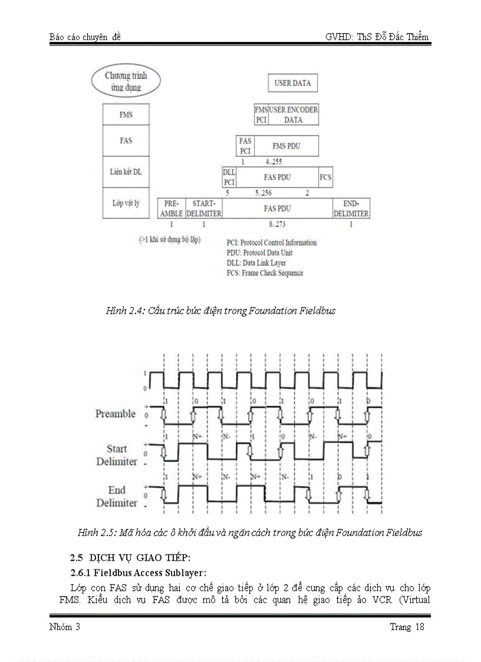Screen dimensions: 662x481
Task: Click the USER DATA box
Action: pos(292,83)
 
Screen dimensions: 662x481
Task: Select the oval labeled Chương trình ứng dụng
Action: pos(126,82)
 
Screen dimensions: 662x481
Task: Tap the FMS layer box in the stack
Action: pos(126,115)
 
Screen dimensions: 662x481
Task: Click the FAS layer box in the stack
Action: pos(126,141)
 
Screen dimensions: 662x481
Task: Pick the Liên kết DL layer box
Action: pos(126,172)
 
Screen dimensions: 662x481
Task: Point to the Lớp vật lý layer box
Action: pos(126,203)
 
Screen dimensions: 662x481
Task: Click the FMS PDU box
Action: pos(286,146)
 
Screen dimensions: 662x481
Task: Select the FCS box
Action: pos(325,177)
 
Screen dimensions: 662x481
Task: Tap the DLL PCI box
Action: pos(229,177)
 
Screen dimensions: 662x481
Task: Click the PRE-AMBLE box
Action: pos(172,208)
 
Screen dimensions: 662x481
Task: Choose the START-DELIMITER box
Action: pos(204,208)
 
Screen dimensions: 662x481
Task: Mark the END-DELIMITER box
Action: pos(351,208)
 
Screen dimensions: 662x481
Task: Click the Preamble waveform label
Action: pos(116,414)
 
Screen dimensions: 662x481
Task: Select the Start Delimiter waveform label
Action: pos(117,455)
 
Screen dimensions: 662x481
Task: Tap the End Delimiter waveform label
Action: pos(117,496)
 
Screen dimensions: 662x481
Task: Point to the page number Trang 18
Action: pos(407,627)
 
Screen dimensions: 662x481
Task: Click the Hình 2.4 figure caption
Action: pos(220,311)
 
